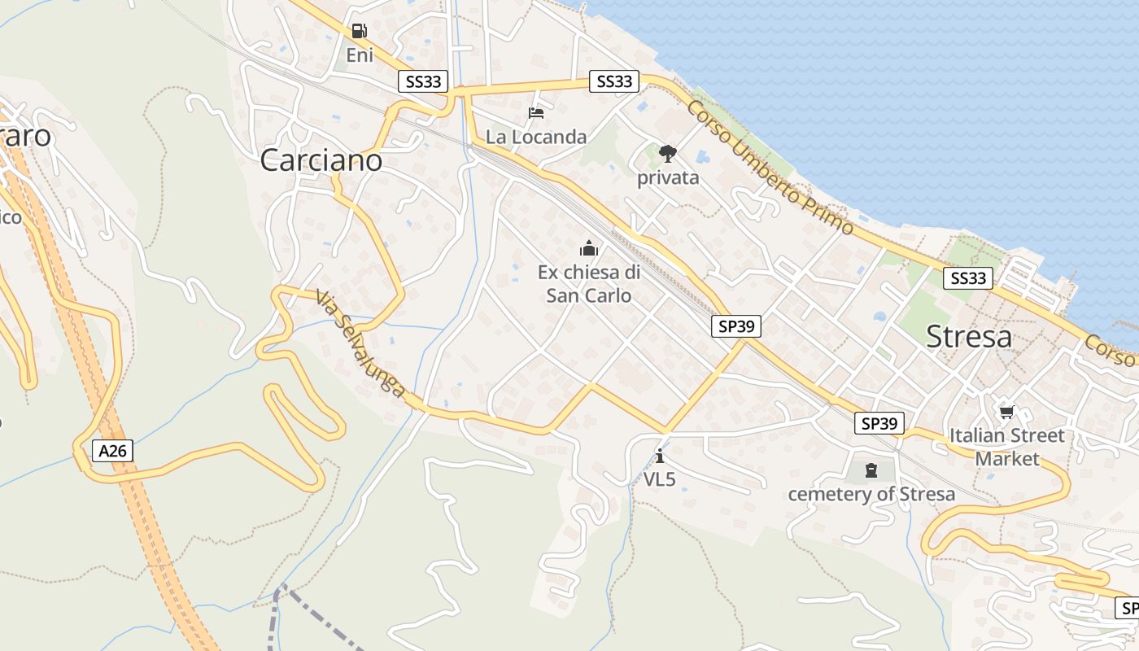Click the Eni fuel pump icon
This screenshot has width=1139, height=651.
[359, 32]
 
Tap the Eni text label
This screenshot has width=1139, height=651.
[360, 55]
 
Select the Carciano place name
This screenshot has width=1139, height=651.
[321, 160]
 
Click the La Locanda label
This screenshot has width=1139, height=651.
[536, 137]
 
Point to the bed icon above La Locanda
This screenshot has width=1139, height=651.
[535, 112]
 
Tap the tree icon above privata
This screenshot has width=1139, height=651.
[668, 153]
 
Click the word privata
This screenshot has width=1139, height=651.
[668, 177]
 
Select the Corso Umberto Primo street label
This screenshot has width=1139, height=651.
[770, 167]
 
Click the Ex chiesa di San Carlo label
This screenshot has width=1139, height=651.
[589, 283]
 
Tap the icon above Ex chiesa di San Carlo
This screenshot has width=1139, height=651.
[588, 248]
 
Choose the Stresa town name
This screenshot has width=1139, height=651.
[969, 336]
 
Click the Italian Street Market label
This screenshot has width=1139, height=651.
[1007, 447]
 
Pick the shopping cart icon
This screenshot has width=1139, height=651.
[1007, 412]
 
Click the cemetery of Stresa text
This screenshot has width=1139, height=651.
[871, 494]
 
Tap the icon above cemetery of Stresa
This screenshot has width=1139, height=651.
[871, 470]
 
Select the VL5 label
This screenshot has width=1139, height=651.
[660, 479]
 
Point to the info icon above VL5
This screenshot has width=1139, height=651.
[660, 455]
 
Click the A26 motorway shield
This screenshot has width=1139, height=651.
[112, 451]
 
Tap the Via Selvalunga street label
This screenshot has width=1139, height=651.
[360, 344]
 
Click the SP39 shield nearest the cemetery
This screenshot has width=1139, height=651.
[879, 423]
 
